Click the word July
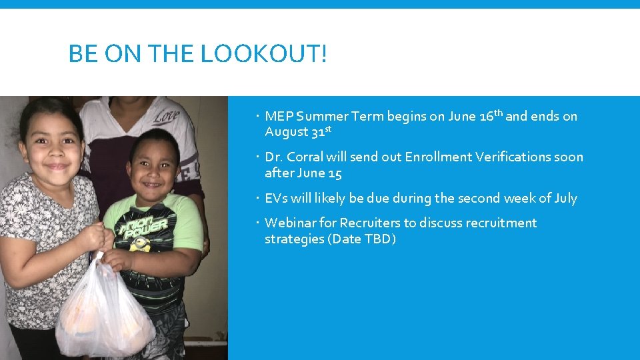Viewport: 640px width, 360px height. [x=563, y=199]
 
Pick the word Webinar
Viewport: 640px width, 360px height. [x=290, y=223]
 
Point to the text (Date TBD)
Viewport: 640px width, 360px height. [x=361, y=239]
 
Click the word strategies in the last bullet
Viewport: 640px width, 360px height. [x=293, y=239]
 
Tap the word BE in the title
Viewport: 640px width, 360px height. [x=81, y=53]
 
